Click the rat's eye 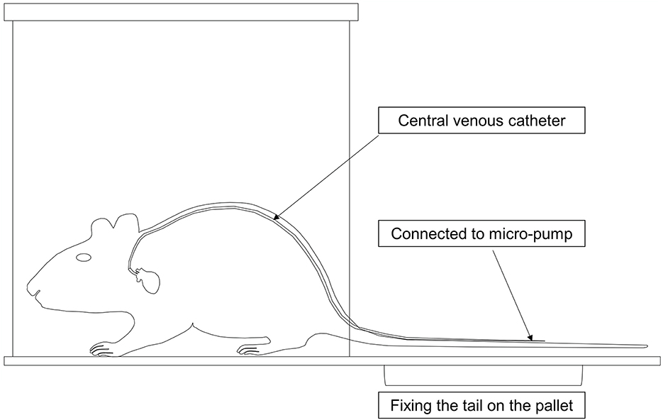click(x=84, y=256)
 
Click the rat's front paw click(x=101, y=349)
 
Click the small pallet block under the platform click(x=483, y=374)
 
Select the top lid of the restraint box click(x=181, y=11)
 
